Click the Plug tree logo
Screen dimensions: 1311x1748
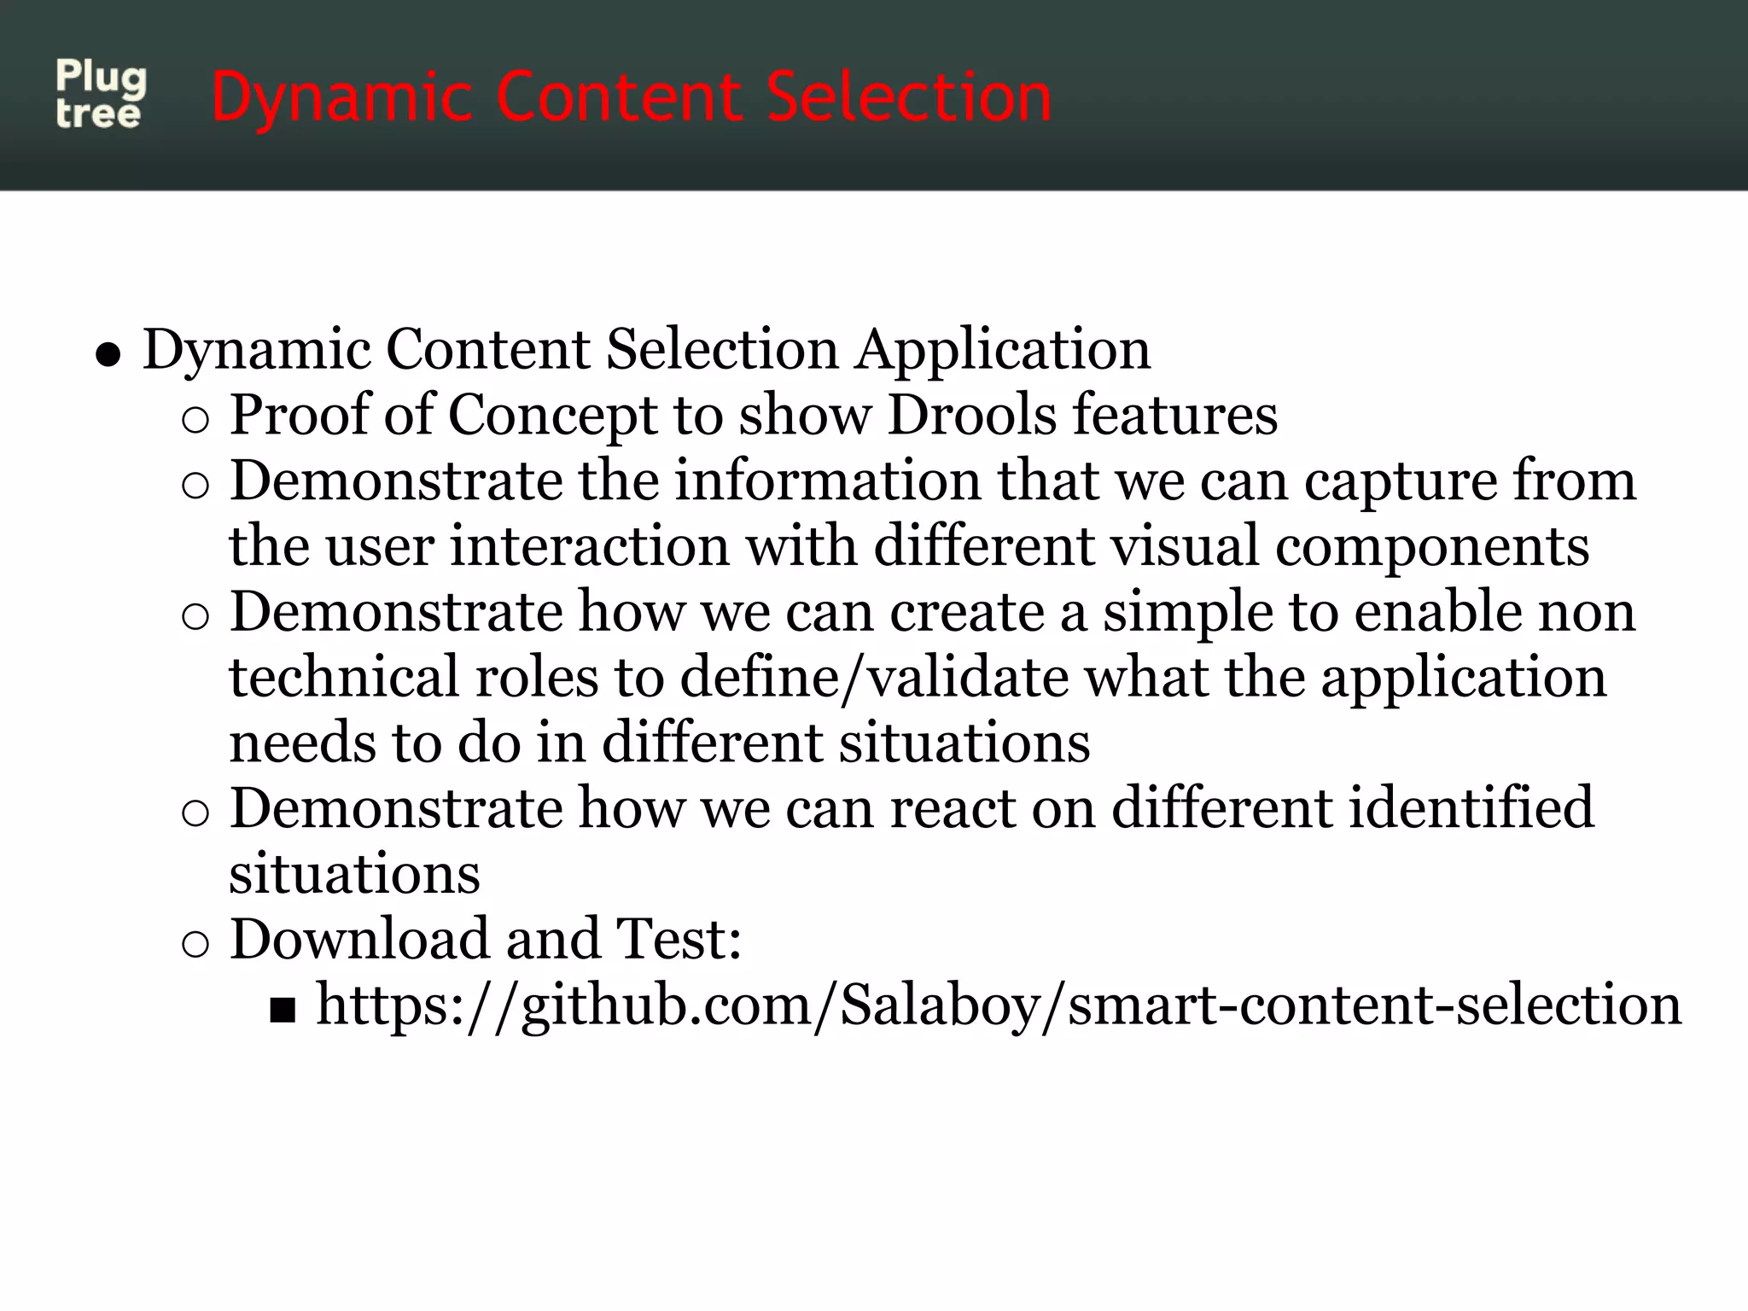(101, 95)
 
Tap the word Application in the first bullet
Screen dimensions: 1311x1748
(1003, 350)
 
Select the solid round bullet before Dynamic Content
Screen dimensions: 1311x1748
(108, 354)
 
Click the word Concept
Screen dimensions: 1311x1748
(552, 416)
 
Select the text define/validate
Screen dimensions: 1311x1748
(874, 679)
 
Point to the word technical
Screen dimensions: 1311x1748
(344, 679)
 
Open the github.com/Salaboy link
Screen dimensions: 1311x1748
(999, 1005)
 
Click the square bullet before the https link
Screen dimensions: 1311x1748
(282, 1011)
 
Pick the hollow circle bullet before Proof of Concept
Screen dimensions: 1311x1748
(195, 421)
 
